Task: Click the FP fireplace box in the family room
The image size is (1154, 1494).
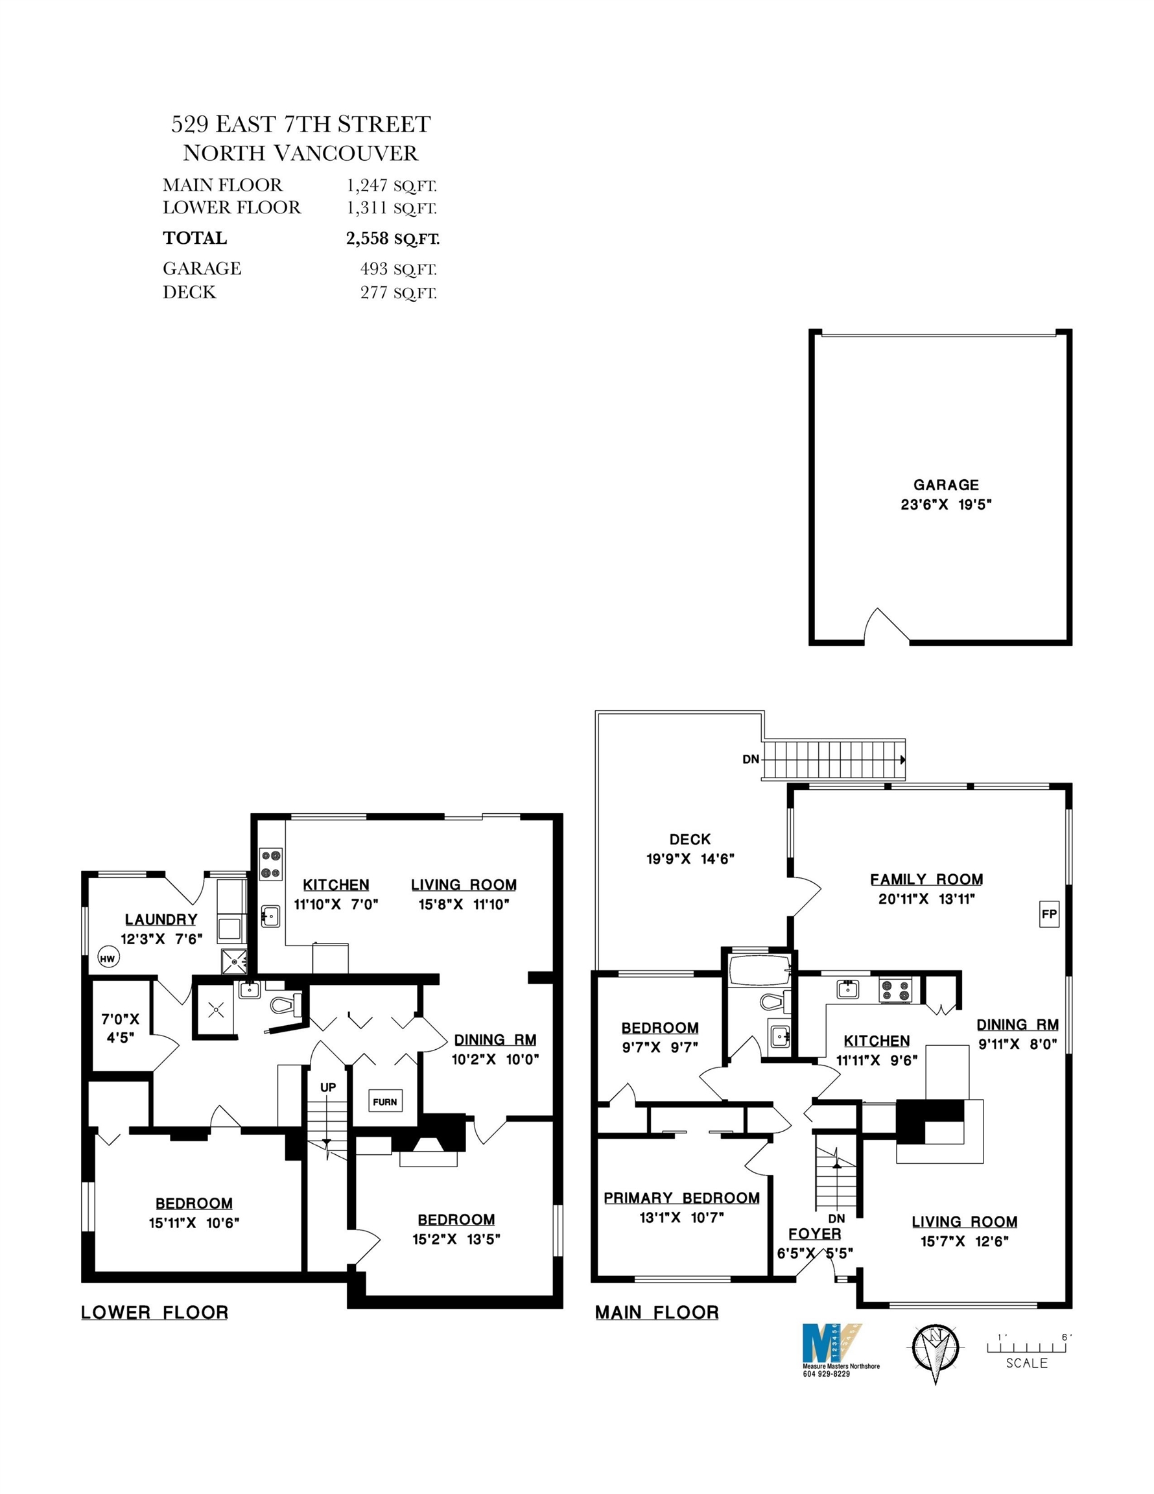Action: pos(1049,913)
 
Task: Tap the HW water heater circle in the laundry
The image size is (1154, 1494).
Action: pos(108,958)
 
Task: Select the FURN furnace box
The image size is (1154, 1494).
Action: pos(385,1101)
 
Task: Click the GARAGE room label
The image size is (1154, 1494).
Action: pos(946,485)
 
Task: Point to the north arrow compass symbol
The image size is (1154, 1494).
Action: pos(935,1349)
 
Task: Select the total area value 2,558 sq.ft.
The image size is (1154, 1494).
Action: pos(393,239)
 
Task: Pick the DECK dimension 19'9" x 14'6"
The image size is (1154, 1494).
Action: pos(690,859)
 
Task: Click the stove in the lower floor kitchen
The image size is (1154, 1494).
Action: pos(271,863)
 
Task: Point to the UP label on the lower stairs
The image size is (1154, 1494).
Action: pos(328,1086)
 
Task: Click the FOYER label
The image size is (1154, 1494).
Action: pos(815,1233)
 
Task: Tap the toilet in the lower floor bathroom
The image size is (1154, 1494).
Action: pos(286,1004)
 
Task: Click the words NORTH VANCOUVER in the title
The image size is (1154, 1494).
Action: pos(300,152)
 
